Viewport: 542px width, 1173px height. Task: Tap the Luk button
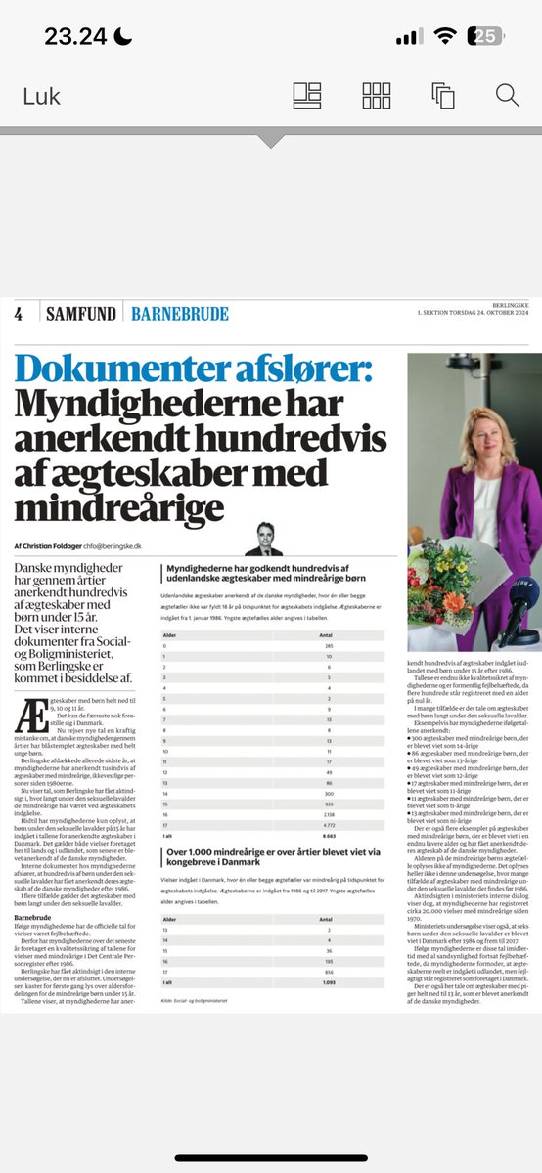42,96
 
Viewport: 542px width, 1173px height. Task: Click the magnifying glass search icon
507,95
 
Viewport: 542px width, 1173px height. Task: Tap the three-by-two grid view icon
377,95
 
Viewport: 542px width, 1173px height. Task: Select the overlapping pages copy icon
442,95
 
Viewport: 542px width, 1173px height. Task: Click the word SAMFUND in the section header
80,314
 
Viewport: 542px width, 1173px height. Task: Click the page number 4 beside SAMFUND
19,314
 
